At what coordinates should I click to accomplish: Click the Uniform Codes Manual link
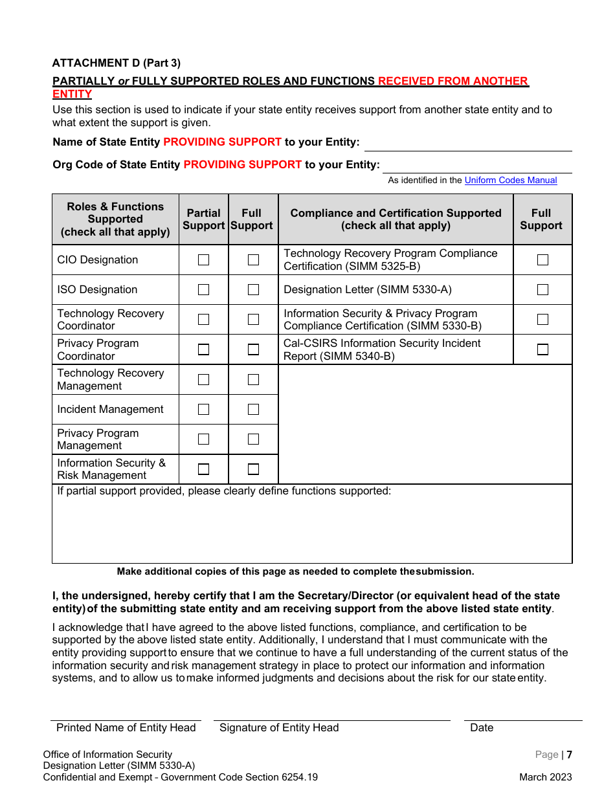(510, 181)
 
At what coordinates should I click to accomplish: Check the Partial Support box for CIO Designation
(204, 260)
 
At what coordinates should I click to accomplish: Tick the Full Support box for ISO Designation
(253, 290)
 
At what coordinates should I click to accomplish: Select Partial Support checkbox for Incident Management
(204, 409)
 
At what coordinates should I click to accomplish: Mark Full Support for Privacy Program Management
(253, 439)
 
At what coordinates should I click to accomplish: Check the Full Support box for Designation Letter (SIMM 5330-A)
(542, 290)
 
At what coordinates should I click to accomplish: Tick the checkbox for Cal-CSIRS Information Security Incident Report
(542, 349)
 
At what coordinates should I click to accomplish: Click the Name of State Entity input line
(467, 144)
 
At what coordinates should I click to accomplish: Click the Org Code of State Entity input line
(477, 166)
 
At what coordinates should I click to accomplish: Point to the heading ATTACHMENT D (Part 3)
(117, 63)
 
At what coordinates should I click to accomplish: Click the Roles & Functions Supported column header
(115, 219)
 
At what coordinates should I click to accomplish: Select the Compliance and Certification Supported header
(396, 219)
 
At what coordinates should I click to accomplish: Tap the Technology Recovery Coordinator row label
(111, 320)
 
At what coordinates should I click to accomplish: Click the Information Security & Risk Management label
(111, 469)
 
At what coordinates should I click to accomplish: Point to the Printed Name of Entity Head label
(126, 728)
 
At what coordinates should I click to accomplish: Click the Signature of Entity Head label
(279, 728)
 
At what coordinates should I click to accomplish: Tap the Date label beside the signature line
(482, 728)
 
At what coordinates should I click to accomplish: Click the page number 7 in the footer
(570, 755)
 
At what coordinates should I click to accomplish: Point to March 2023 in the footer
(545, 777)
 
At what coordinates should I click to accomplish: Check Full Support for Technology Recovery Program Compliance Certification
(542, 260)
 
